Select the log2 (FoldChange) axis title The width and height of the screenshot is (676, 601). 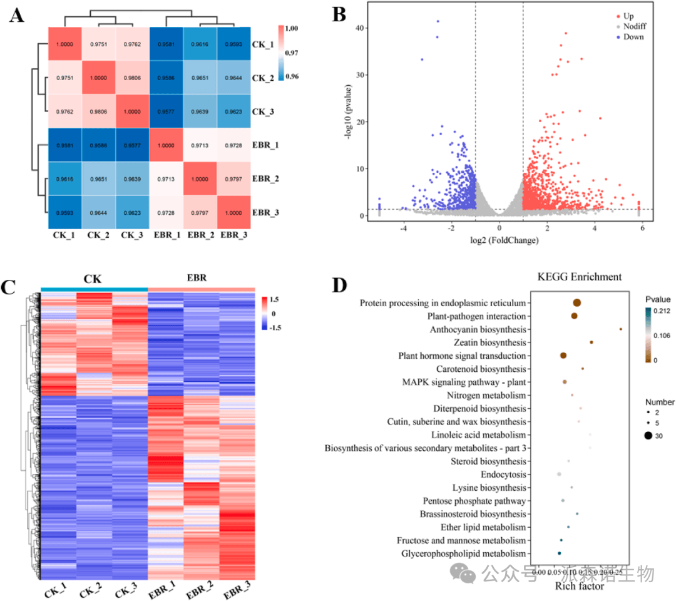pyautogui.click(x=499, y=240)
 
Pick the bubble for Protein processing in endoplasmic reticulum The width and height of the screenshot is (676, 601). pyautogui.click(x=576, y=303)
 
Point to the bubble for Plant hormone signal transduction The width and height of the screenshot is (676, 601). pyautogui.click(x=563, y=356)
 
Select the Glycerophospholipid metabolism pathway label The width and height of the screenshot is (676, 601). pyautogui.click(x=461, y=554)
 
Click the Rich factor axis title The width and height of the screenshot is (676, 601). pyautogui.click(x=579, y=587)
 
